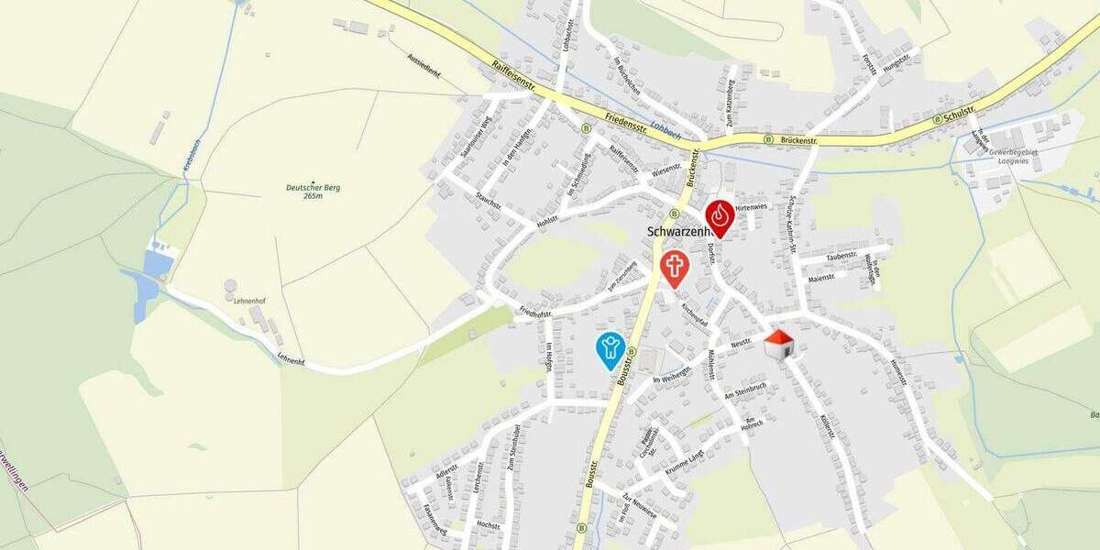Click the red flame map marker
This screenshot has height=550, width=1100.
[x=720, y=216]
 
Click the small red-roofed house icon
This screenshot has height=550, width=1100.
[x=778, y=345]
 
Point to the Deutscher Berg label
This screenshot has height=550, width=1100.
[x=313, y=192]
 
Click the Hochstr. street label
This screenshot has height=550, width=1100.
[x=489, y=525]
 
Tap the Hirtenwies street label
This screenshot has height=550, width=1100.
[x=750, y=208]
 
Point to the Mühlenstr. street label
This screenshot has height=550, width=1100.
[x=709, y=365]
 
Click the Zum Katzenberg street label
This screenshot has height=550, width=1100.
[x=731, y=93]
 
